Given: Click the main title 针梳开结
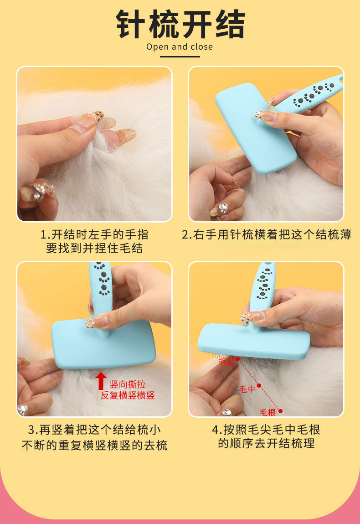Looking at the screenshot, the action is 180,24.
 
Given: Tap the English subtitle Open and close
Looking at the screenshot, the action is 180,47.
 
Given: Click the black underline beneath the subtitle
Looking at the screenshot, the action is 180,57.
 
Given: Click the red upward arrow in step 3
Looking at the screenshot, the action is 101,381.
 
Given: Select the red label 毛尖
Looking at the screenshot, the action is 226,361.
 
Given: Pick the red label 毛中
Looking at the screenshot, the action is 247,389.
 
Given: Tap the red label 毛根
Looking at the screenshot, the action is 268,412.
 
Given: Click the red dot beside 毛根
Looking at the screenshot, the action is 281,411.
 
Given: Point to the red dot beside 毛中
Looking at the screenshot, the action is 259,386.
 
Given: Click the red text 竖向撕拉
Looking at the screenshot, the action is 128,384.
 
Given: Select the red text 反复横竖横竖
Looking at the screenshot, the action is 128,395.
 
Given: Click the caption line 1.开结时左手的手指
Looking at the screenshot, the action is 94,234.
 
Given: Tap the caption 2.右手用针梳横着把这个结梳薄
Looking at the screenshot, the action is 267,234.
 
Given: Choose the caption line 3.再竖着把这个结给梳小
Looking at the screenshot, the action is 94,430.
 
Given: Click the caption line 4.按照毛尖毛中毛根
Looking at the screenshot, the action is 266,430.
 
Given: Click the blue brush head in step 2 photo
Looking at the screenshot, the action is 256,129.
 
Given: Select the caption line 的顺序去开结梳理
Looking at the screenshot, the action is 266,443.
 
